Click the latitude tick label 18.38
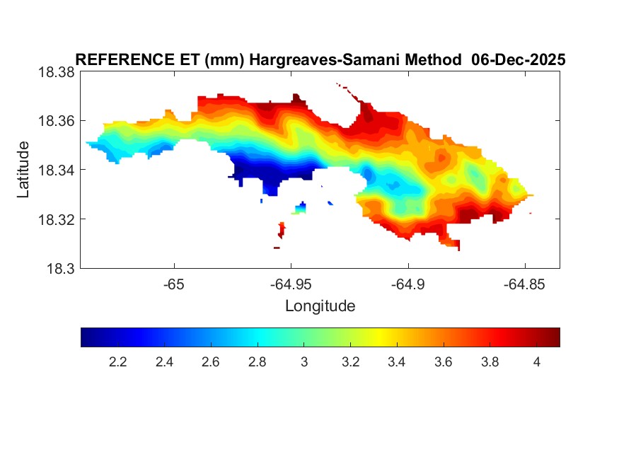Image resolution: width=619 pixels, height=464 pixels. pyautogui.click(x=56, y=72)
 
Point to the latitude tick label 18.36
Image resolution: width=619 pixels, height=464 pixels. pyautogui.click(x=56, y=121)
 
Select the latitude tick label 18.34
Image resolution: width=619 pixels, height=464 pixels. pyautogui.click(x=56, y=170)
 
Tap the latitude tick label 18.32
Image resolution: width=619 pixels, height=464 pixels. pyautogui.click(x=56, y=219)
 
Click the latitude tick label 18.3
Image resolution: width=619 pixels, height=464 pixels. pyautogui.click(x=61, y=269)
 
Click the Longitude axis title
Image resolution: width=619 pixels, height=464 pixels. pyautogui.click(x=320, y=306)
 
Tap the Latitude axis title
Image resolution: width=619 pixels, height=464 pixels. pyautogui.click(x=24, y=170)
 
